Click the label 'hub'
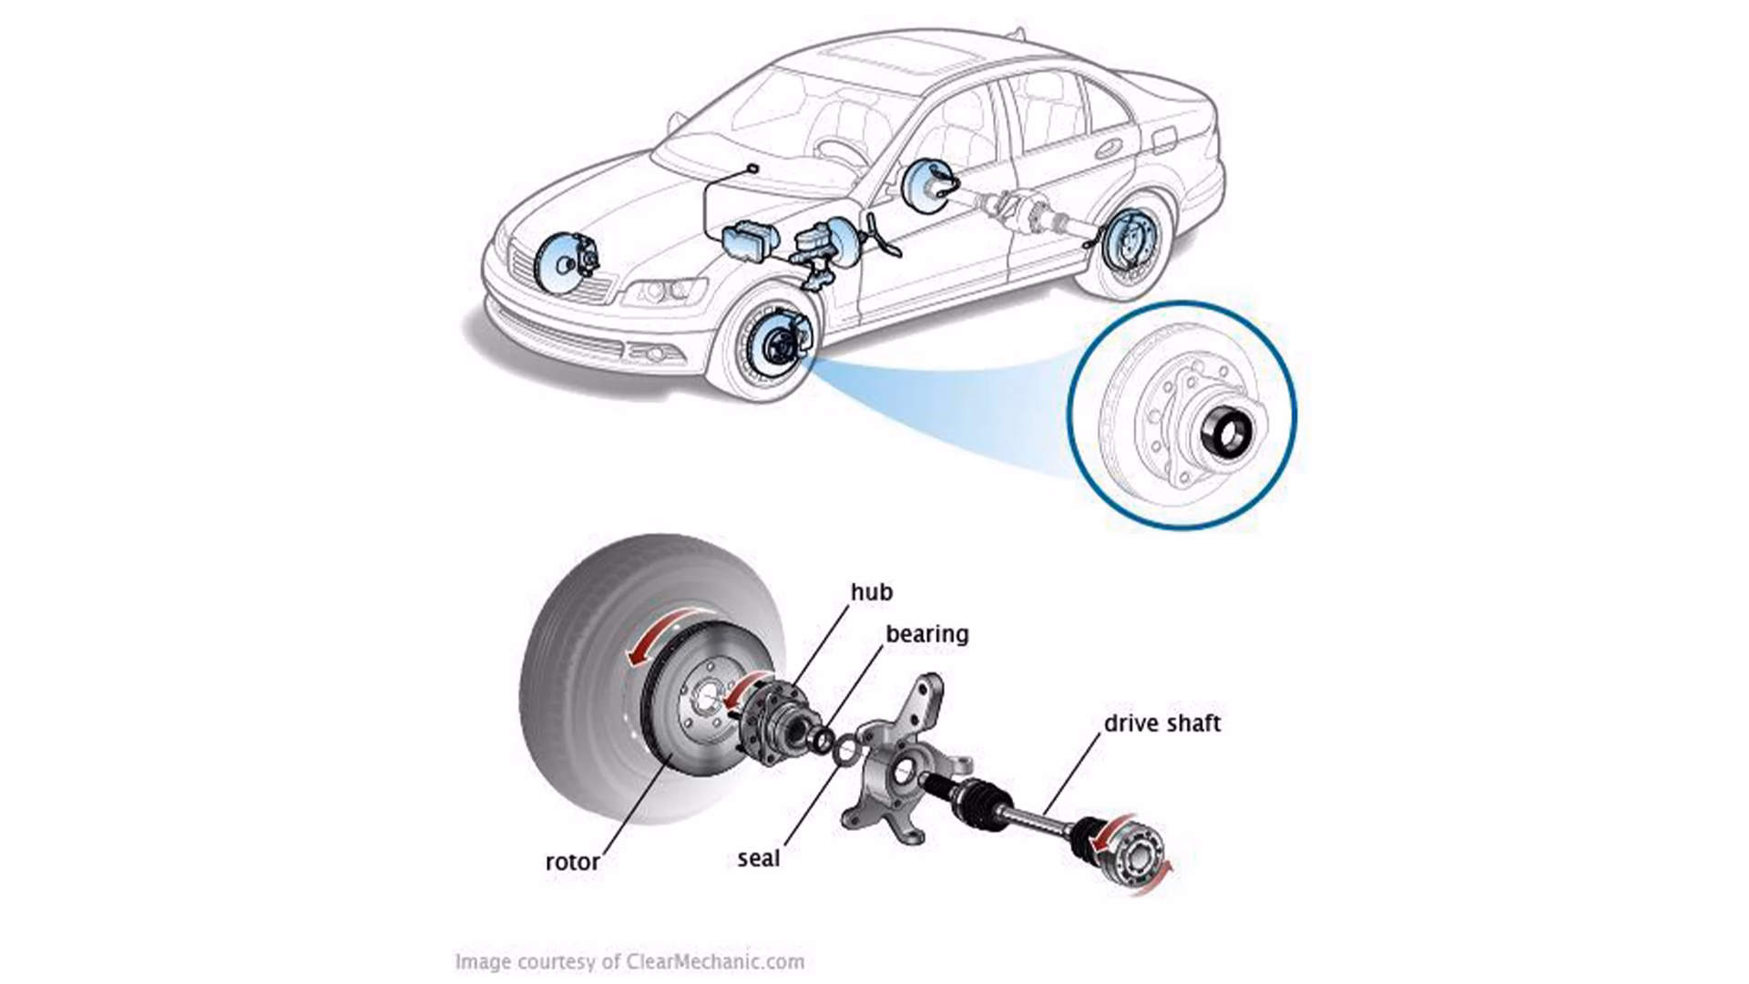click(871, 592)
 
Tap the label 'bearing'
click(926, 634)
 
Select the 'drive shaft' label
click(1161, 723)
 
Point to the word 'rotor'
click(572, 862)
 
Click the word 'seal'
click(758, 858)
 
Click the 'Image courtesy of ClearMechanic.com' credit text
click(629, 961)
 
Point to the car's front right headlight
click(662, 292)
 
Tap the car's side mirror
click(675, 121)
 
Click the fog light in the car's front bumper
click(654, 354)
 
